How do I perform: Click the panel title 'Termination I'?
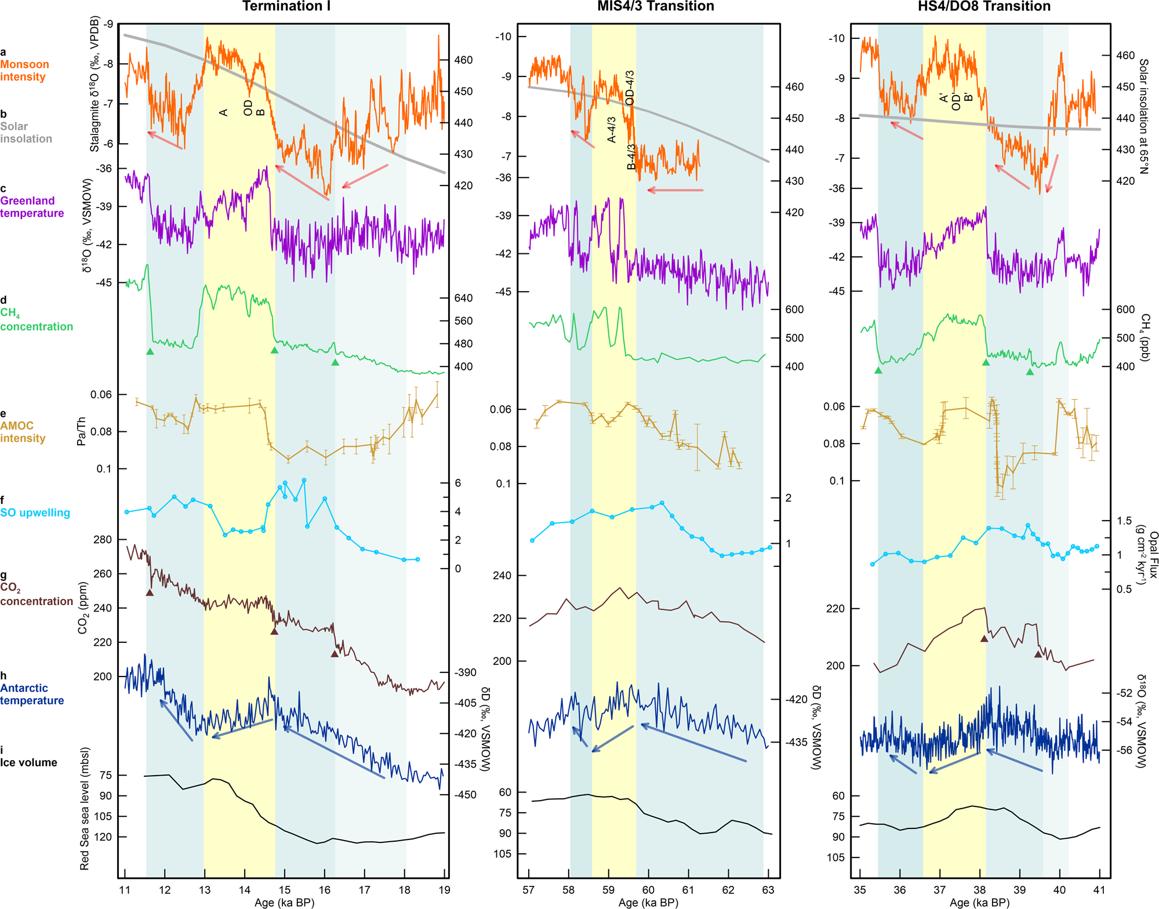[x=286, y=6]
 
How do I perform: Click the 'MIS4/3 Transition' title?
[x=655, y=6]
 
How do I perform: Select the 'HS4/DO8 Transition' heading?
[x=984, y=6]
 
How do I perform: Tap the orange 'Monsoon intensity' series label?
[x=24, y=71]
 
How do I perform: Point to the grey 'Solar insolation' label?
[x=26, y=133]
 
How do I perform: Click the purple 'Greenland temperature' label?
[x=32, y=207]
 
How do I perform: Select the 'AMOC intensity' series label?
[x=23, y=432]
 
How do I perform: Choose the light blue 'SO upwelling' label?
[x=35, y=512]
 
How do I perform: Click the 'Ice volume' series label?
[x=28, y=762]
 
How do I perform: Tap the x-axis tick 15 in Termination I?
[x=284, y=890]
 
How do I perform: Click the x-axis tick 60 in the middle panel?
[x=648, y=890]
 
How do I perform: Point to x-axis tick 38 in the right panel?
[x=979, y=890]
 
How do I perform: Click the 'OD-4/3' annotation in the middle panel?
[x=630, y=88]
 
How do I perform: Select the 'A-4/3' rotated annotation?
[x=611, y=129]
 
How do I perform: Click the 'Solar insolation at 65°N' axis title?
[x=1143, y=116]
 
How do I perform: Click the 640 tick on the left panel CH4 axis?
[x=463, y=298]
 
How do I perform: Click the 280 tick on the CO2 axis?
[x=102, y=540]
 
